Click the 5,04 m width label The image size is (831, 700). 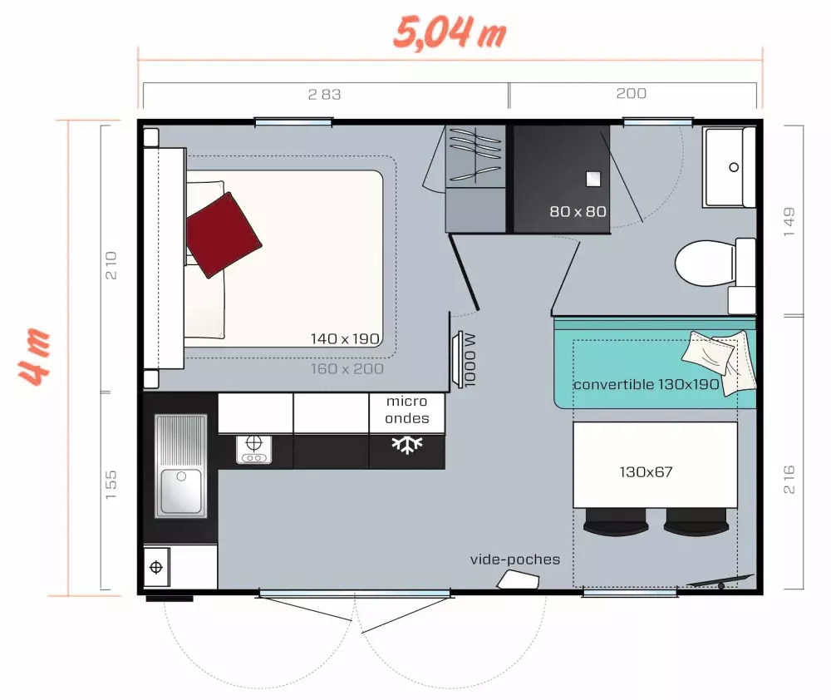(449, 33)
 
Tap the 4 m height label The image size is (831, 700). (36, 357)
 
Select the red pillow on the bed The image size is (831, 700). (223, 234)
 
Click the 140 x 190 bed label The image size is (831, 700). (345, 339)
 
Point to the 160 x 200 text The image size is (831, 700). (347, 368)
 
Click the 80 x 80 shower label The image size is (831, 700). (578, 212)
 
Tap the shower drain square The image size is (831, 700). (593, 178)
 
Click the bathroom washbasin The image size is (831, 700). (729, 167)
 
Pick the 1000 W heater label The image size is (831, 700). (470, 360)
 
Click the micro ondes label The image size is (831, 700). (406, 410)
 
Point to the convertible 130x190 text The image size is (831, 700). (646, 385)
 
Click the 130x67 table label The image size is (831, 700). (646, 472)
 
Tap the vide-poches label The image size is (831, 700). (515, 560)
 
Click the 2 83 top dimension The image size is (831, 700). (324, 94)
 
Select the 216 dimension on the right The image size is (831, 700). (789, 480)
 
